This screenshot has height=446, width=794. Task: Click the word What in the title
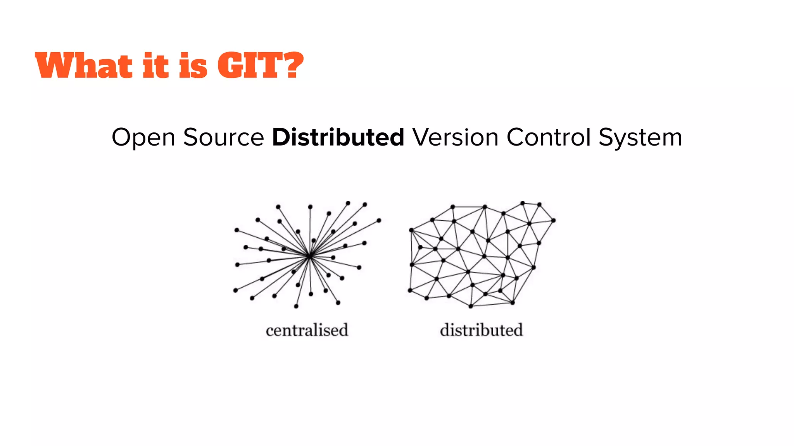[x=84, y=65]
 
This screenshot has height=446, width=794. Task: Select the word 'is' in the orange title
[x=193, y=65]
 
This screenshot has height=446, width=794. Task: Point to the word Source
[x=223, y=137]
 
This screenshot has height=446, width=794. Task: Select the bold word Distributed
[x=338, y=137]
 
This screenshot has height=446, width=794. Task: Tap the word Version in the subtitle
[x=455, y=137]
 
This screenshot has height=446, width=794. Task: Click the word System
[x=640, y=138]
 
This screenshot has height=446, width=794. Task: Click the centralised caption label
[x=307, y=330]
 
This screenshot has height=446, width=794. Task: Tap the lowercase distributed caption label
[x=481, y=330]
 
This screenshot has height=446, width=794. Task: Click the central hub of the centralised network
[x=309, y=256]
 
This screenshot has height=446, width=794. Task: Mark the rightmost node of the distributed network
[x=553, y=220]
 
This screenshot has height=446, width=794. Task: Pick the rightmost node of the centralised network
[x=379, y=220]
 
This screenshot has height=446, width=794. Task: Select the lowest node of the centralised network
[x=296, y=306]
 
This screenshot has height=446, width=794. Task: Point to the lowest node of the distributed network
[x=471, y=306]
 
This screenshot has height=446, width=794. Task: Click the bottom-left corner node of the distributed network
[x=410, y=290]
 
